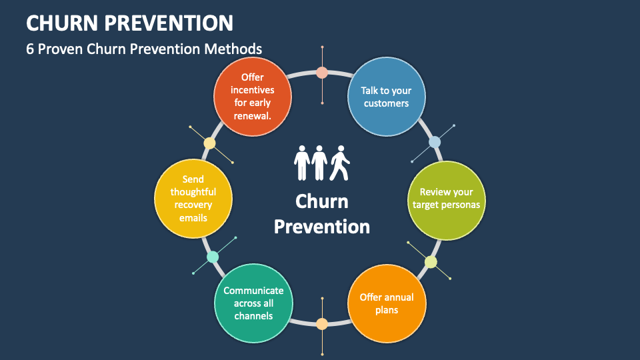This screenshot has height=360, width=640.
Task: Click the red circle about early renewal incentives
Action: [253, 97]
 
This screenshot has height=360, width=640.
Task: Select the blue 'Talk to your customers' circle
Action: [387, 97]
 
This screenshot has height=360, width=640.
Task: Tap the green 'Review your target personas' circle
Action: [447, 201]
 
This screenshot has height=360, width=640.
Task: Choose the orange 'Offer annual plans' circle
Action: [387, 304]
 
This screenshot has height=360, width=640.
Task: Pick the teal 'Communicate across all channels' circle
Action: [253, 303]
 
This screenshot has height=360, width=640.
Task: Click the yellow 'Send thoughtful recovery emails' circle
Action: [193, 199]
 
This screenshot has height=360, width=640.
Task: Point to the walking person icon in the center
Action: [339, 163]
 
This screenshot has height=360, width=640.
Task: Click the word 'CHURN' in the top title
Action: [62, 23]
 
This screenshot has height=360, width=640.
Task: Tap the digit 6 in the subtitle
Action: [30, 49]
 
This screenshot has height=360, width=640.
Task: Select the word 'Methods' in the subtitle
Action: [233, 49]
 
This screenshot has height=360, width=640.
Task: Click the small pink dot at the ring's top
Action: [322, 73]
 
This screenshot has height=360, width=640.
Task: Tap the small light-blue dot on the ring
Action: [435, 142]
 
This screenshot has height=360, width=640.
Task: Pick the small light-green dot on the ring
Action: [431, 262]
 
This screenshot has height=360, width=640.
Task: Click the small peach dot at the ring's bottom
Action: [322, 324]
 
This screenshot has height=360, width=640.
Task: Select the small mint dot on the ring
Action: [213, 257]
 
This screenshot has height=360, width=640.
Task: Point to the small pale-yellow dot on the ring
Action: [209, 143]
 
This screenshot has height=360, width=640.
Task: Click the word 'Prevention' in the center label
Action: [322, 227]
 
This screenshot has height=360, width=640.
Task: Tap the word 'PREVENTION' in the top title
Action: [169, 23]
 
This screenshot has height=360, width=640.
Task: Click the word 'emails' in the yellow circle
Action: [193, 218]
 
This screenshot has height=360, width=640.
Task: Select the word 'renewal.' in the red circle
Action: [252, 116]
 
